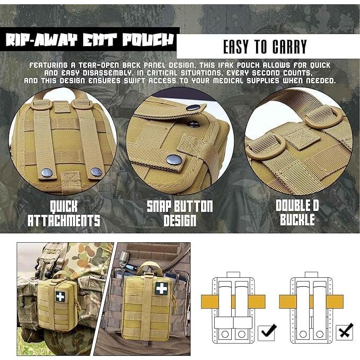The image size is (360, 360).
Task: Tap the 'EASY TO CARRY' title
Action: tap(265, 47)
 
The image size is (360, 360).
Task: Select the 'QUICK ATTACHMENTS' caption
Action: tap(64, 213)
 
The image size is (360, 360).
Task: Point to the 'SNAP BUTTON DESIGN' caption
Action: tap(180, 213)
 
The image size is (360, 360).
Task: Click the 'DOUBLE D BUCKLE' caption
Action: tap(295, 213)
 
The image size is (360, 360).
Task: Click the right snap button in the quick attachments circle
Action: tap(95, 171)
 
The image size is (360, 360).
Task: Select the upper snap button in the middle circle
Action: tap(194, 108)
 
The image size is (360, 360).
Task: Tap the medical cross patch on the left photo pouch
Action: tap(60, 296)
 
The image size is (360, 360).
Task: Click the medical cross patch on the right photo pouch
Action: tap(147, 292)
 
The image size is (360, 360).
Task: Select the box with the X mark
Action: tap(346, 332)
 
